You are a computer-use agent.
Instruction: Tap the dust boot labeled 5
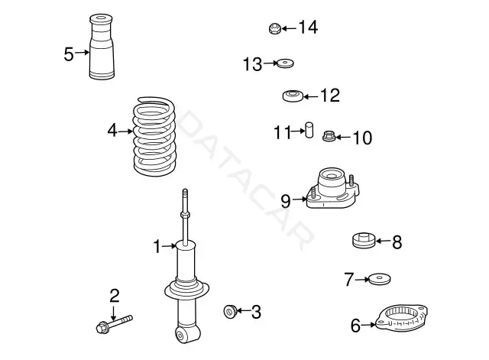(x=102, y=47)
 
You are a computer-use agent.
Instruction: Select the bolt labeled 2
(x=114, y=324)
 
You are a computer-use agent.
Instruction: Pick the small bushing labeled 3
(x=231, y=311)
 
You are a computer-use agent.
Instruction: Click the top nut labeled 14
(x=275, y=28)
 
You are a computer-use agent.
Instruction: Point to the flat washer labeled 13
(x=285, y=63)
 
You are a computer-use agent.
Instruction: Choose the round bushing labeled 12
(x=293, y=96)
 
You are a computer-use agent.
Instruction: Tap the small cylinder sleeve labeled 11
(x=309, y=130)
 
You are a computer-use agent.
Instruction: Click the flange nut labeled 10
(x=329, y=136)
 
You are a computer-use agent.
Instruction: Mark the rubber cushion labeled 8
(x=364, y=240)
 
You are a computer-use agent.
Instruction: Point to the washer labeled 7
(x=379, y=279)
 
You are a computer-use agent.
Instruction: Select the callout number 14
(x=308, y=28)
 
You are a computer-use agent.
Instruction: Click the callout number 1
(x=157, y=246)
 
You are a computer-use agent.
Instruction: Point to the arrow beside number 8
(x=383, y=241)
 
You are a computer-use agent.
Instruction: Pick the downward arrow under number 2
(x=114, y=313)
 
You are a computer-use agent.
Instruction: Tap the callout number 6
(x=355, y=326)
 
